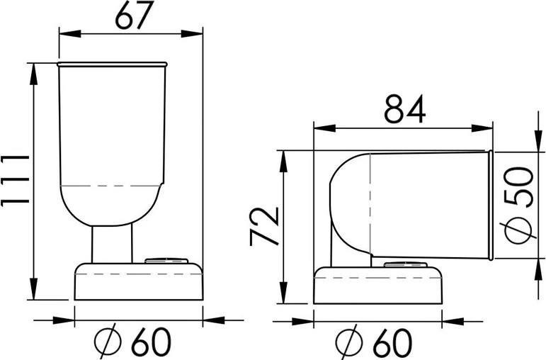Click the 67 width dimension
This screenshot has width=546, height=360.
pyautogui.click(x=134, y=16)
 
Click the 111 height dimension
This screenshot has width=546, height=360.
pyautogui.click(x=15, y=180)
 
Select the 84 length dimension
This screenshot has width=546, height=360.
pyautogui.click(x=404, y=108)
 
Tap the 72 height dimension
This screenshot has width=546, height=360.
pyautogui.click(x=265, y=227)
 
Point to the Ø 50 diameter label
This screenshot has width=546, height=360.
pyautogui.click(x=519, y=206)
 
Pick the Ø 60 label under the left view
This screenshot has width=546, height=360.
pyautogui.click(x=132, y=341)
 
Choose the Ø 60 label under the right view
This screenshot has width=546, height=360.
pyautogui.click(x=374, y=341)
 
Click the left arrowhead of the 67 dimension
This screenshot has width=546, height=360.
pyautogui.click(x=70, y=34)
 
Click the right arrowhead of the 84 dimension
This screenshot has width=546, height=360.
pyautogui.click(x=482, y=128)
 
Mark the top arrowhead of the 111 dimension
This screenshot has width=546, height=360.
pyautogui.click(x=33, y=74)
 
